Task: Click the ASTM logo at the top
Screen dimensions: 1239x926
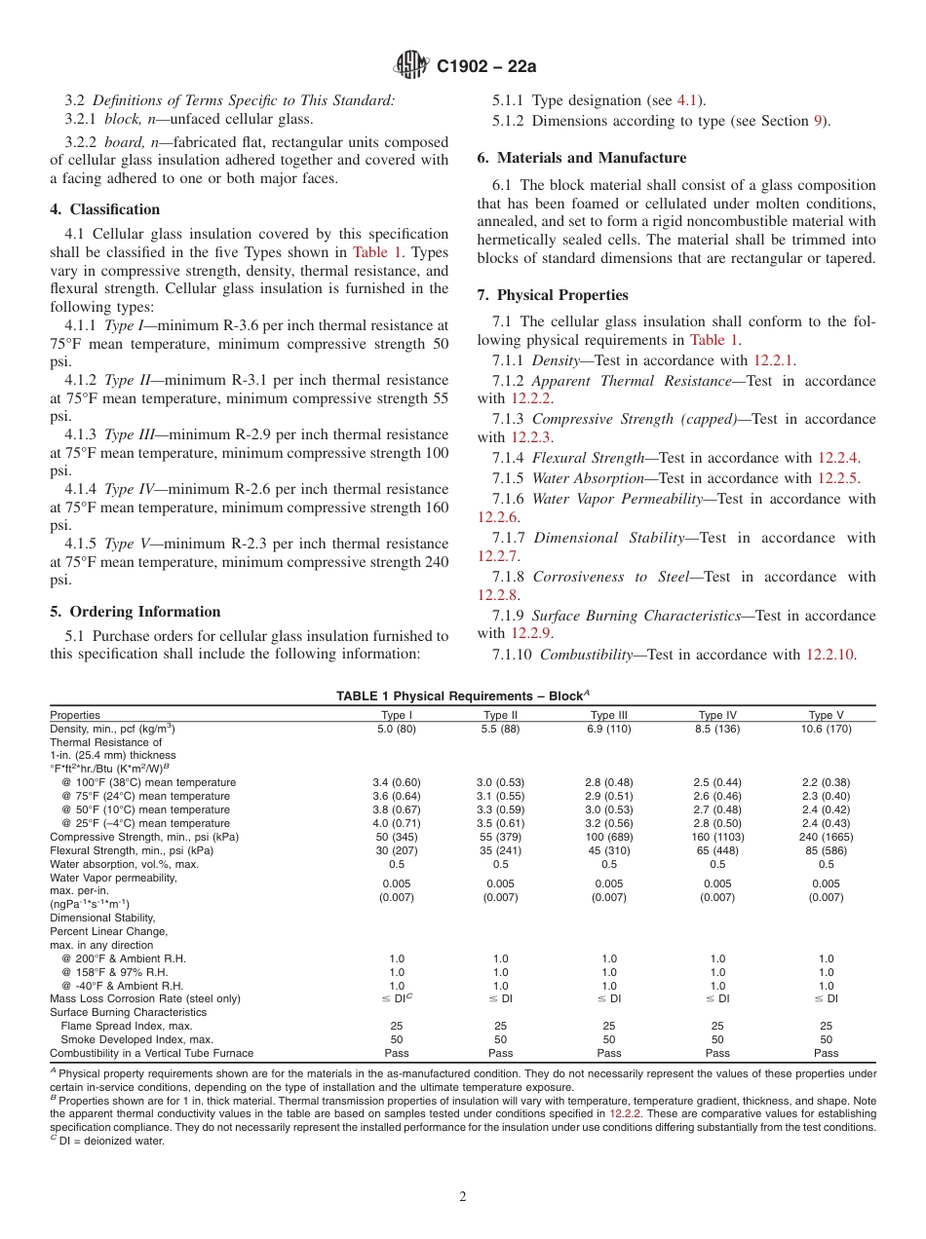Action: pos(410,65)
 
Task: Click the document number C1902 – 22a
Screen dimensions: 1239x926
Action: pos(486,66)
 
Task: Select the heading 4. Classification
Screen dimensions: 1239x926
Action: pos(105,209)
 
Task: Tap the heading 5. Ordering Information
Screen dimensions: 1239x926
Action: pos(135,612)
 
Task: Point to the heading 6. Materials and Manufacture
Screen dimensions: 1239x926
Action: pos(581,158)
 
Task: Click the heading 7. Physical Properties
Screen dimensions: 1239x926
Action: pos(553,295)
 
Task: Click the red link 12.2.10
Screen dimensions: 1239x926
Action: pos(830,655)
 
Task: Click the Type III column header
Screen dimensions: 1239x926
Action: pos(609,715)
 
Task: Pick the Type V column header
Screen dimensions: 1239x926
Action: pos(826,715)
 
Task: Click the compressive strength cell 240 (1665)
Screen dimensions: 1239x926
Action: pos(826,837)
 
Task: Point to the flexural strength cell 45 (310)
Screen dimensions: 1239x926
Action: pos(609,850)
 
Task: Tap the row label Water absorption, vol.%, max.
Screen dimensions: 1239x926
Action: pos(125,864)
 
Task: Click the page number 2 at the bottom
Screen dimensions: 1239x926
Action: pos(463,1197)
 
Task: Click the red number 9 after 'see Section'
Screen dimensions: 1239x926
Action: pos(818,122)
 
